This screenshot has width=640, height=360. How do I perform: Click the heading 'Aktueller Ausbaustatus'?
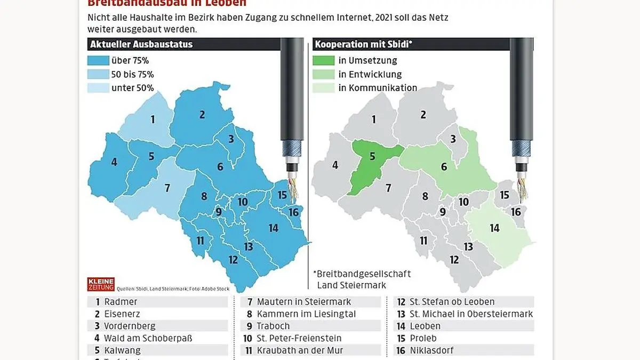(x=142, y=45)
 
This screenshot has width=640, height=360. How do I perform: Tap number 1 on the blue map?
(x=153, y=119)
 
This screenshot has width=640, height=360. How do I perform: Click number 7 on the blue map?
(x=167, y=188)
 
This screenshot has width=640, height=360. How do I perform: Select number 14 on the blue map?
(x=273, y=228)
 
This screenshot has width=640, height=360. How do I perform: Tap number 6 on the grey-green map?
(x=444, y=166)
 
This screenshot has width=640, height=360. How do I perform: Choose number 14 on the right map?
(x=494, y=228)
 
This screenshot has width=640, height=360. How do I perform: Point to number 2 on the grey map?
(x=423, y=114)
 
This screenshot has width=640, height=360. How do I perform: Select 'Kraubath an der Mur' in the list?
(x=300, y=350)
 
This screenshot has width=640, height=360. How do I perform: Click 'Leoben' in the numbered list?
(x=425, y=326)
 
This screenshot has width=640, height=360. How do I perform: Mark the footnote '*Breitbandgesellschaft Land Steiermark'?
(x=363, y=279)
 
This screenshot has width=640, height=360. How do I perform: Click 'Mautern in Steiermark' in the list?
(x=303, y=302)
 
